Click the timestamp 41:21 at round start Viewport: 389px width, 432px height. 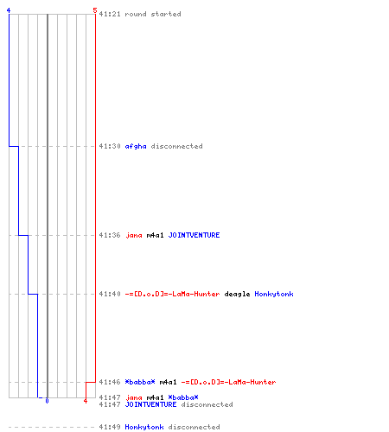point(110,14)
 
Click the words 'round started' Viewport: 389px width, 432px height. point(153,14)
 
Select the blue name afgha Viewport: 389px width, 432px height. point(136,146)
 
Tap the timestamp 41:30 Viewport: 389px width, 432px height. point(110,146)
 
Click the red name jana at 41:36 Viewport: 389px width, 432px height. point(134,235)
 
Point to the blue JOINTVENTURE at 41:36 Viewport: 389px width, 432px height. point(194,235)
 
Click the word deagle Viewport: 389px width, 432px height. point(237,294)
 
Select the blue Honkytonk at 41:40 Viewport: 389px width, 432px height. point(274,294)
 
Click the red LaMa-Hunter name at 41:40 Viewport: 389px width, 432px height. point(172,294)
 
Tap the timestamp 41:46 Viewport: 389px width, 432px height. point(110,382)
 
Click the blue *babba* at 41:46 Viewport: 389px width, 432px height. point(140,382)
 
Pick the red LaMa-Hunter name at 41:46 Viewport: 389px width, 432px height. point(228,382)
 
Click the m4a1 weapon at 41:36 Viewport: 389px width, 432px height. point(156,235)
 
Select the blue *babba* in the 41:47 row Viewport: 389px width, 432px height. point(183,397)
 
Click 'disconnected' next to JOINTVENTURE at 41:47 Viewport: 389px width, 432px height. point(207,404)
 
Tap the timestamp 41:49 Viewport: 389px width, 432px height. point(110,427)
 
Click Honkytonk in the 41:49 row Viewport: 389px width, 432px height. point(144,427)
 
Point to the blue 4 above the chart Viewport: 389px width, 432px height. point(9,10)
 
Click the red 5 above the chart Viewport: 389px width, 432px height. point(95,10)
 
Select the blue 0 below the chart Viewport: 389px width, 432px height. point(47,401)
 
